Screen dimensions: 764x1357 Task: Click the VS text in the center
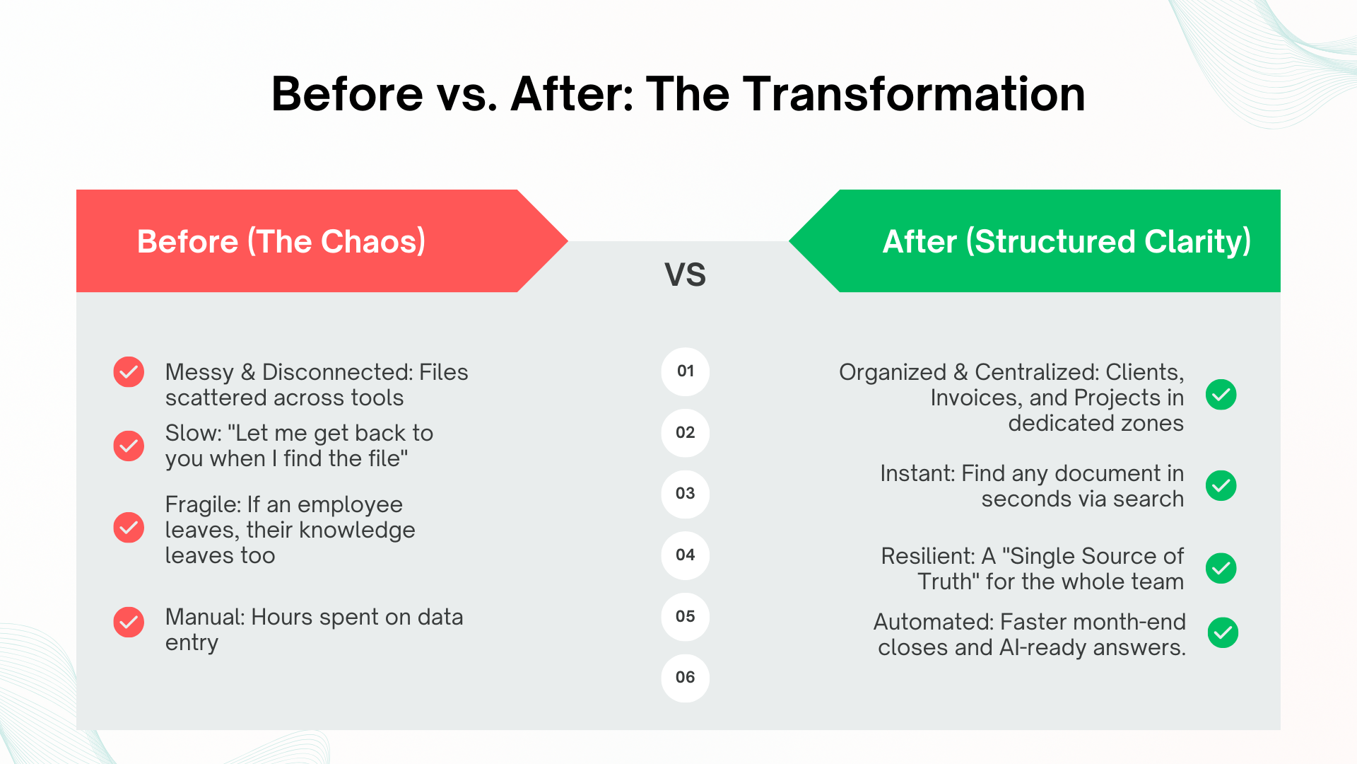[685, 274]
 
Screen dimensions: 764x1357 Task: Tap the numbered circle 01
[685, 371]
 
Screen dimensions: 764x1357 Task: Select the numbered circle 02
[685, 433]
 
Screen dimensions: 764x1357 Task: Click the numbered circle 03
[685, 494]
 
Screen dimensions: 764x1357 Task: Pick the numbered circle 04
[685, 555]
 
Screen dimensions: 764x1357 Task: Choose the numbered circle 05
[685, 617]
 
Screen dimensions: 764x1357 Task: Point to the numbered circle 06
[685, 678]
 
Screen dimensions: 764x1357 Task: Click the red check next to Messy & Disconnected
[129, 372]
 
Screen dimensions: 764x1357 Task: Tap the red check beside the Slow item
[129, 446]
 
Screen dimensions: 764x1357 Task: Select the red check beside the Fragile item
[129, 528]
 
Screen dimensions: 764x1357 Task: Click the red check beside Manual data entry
[129, 623]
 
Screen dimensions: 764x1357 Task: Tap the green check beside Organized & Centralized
[1221, 395]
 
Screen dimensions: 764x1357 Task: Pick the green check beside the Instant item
[1221, 486]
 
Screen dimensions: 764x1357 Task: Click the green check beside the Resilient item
[1221, 568]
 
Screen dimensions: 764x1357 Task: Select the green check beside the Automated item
[1223, 632]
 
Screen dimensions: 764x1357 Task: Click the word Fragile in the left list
[202, 505]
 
